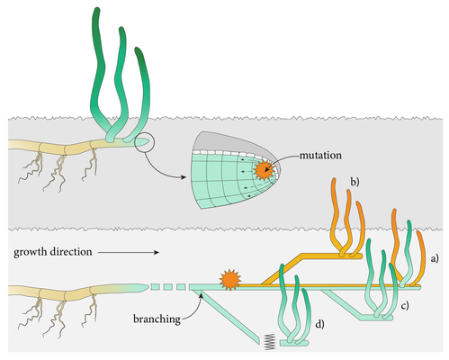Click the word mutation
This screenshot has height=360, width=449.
[320, 156]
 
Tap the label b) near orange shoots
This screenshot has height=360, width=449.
[355, 182]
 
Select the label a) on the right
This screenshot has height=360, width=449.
[435, 258]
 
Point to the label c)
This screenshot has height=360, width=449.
[405, 305]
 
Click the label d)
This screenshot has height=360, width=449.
[319, 324]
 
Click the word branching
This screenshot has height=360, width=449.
[157, 319]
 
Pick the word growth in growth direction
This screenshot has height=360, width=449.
[31, 252]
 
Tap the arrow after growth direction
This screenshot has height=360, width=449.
[129, 253]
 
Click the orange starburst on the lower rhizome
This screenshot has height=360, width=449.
[230, 280]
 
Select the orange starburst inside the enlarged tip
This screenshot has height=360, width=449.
[263, 170]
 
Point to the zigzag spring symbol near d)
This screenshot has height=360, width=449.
[270, 342]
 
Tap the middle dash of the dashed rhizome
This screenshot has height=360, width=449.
[167, 287]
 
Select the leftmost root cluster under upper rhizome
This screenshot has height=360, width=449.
[31, 167]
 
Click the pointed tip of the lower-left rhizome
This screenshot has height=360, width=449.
[148, 286]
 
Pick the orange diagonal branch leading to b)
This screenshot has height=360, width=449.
[282, 269]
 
